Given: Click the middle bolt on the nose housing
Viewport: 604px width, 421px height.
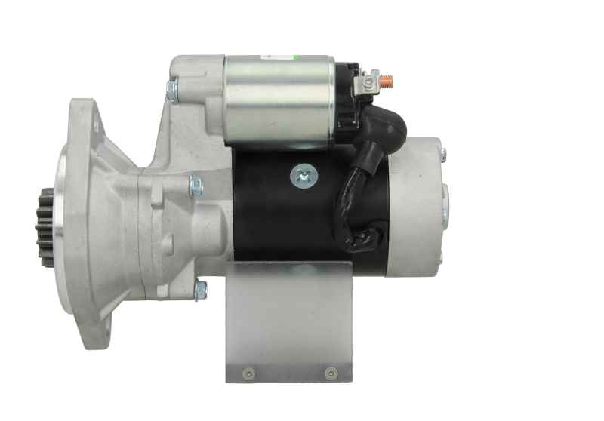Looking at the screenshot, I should (x=196, y=185).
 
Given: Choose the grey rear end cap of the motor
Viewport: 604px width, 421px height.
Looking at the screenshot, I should (x=415, y=207).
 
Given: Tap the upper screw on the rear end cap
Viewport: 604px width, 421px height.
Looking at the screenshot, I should (x=442, y=155).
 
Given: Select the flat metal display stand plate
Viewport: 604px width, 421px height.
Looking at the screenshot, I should (x=288, y=324).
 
